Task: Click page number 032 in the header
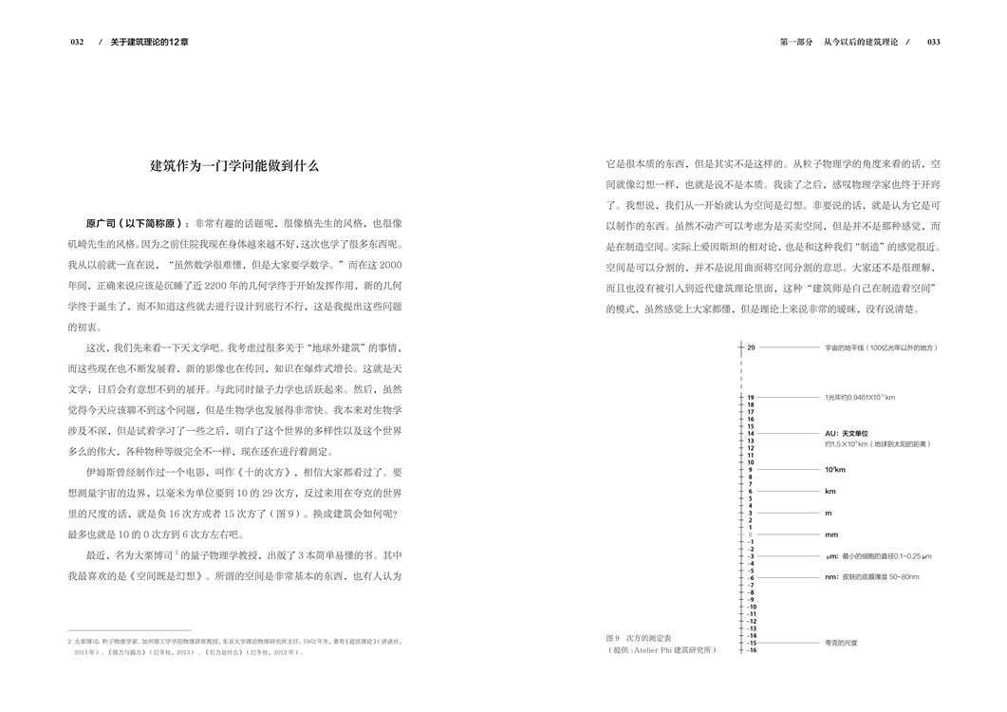pyautogui.click(x=78, y=43)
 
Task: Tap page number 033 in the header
pyautogui.click(x=933, y=43)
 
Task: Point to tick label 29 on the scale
pyautogui.click(x=750, y=348)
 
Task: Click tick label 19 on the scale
pyautogui.click(x=750, y=398)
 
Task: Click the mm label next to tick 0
pyautogui.click(x=831, y=534)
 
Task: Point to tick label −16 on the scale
pyautogui.click(x=750, y=650)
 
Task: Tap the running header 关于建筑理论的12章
pyautogui.click(x=149, y=43)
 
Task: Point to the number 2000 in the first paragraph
pyautogui.click(x=389, y=266)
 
